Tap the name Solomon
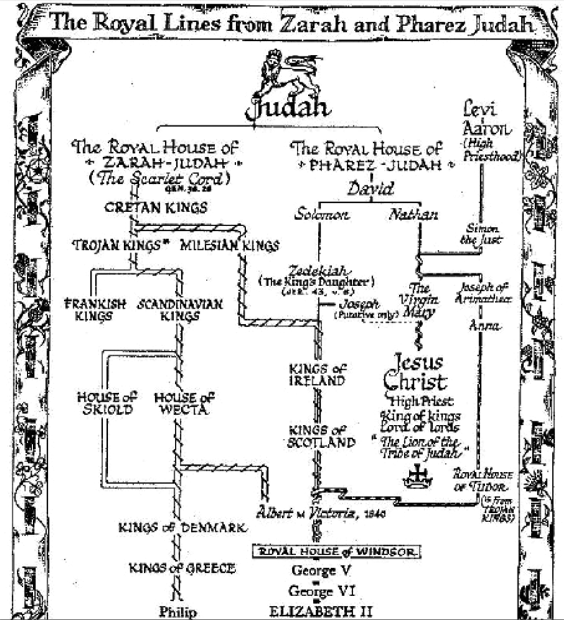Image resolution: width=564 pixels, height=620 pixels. click(322, 214)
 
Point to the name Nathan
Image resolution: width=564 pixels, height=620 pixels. click(413, 214)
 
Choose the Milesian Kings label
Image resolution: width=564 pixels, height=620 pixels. click(230, 246)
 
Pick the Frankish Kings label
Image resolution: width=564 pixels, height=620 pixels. click(95, 310)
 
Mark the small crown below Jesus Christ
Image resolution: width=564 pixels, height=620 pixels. click(417, 478)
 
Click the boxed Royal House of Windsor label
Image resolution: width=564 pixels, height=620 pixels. click(338, 552)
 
